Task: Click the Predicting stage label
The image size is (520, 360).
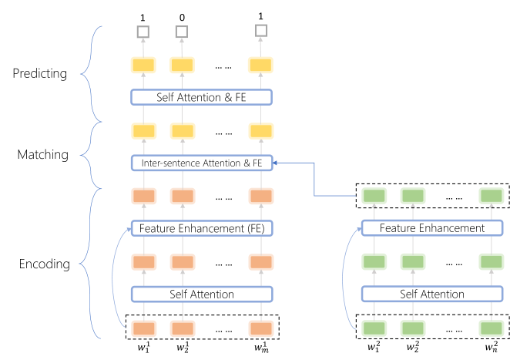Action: click(40, 73)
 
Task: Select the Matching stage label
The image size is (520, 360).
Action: click(43, 155)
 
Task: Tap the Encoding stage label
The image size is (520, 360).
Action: click(45, 264)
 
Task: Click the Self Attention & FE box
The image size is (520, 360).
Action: click(201, 97)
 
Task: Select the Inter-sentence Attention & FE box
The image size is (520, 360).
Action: click(202, 163)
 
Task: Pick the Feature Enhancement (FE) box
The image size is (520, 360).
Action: click(202, 228)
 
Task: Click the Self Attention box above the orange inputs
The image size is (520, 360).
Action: click(202, 294)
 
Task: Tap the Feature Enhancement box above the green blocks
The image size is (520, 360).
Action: click(431, 228)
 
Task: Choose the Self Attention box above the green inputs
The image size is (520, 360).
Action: click(431, 294)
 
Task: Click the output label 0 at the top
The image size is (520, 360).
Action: click(182, 17)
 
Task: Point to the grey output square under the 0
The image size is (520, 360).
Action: click(182, 32)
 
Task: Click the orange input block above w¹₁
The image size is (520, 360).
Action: click(143, 329)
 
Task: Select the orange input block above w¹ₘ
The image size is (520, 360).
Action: click(261, 329)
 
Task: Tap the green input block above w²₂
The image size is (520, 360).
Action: click(413, 328)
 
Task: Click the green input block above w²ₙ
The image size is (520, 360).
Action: click(491, 328)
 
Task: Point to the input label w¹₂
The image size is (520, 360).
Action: click(183, 347)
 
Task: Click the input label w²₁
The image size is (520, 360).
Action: click(374, 347)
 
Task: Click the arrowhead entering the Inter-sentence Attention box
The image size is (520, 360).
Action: click(275, 163)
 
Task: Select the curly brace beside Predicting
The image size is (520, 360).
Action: click(92, 74)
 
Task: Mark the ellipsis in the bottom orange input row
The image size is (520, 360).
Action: click(224, 331)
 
